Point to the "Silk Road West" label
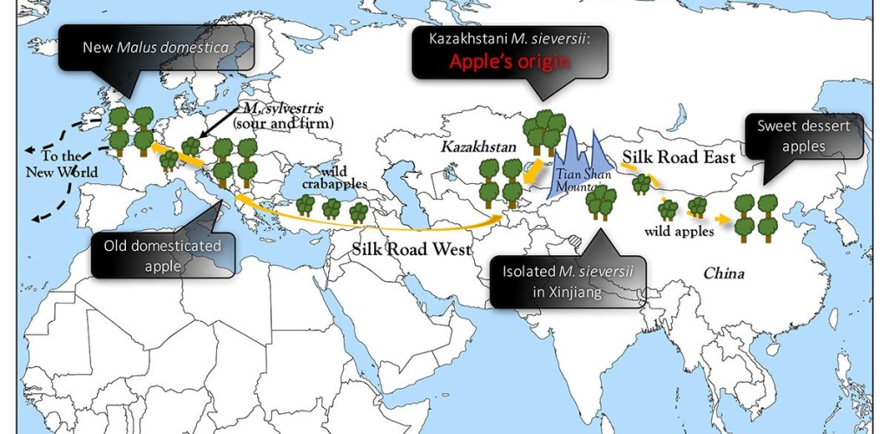(412, 249)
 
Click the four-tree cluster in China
(755, 217)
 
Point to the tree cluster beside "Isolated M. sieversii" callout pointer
(601, 202)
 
